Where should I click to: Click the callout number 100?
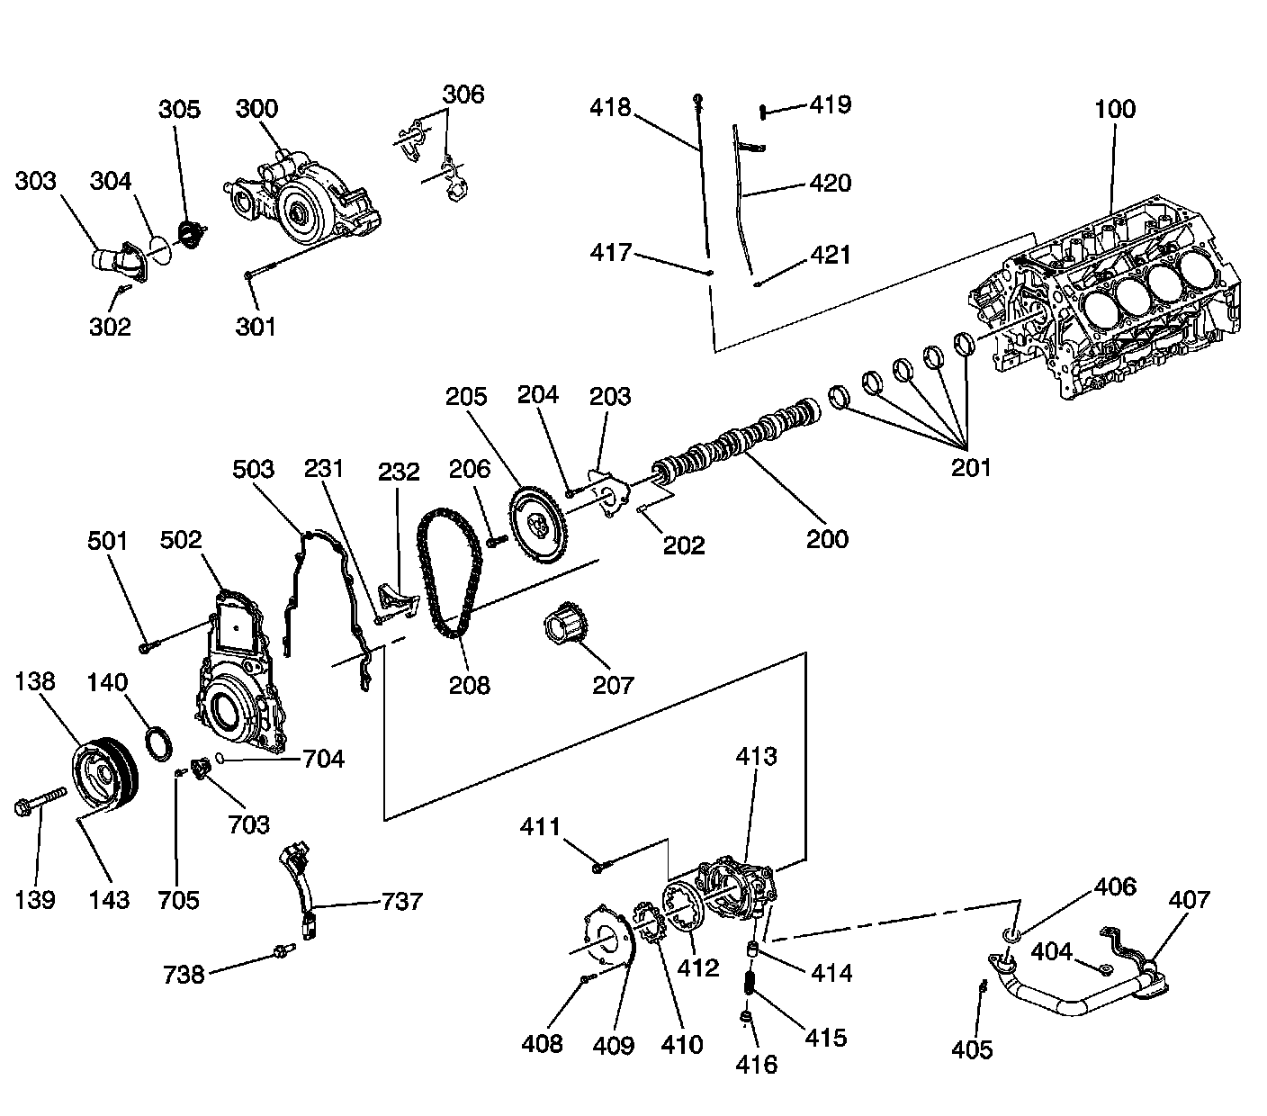(1115, 110)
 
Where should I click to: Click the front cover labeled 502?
(238, 675)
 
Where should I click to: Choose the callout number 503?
(253, 469)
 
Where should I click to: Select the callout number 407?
(1190, 899)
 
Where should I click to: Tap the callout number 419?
(830, 104)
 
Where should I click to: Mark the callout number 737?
(401, 901)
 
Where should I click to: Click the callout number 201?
(971, 467)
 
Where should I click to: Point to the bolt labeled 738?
(283, 950)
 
